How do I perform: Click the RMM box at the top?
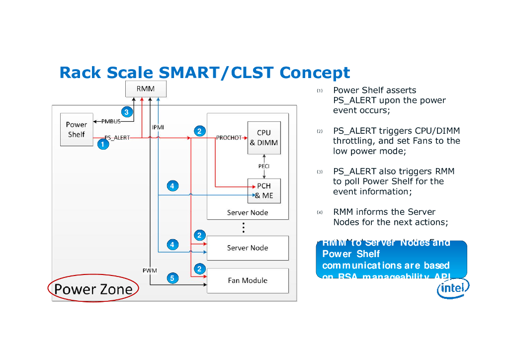pos(146,89)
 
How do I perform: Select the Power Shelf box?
pos(76,130)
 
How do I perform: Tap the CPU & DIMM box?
pos(264,138)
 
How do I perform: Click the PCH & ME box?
pos(264,191)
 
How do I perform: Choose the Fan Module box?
pos(248,280)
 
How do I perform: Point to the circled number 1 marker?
pos(102,145)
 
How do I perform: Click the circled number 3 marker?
pos(127,112)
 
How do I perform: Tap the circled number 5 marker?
pos(172,278)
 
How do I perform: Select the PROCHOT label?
pos(229,138)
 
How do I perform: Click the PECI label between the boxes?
pos(263,166)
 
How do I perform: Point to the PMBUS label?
pos(111,121)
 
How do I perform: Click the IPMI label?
pos(158,127)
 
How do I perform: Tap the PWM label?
pos(150,270)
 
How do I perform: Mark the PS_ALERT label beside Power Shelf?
pos(117,138)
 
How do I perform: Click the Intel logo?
pos(453,288)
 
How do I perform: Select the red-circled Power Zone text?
pos(93,289)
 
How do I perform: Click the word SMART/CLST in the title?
pos(217,73)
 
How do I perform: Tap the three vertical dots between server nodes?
pos(244,228)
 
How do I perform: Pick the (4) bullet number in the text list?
pos(320,213)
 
